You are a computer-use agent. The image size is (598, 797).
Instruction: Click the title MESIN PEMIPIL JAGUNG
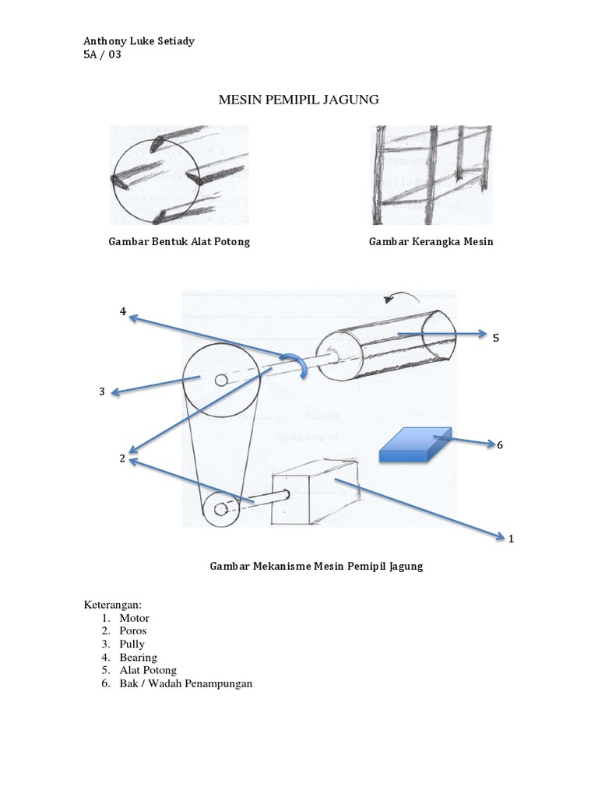point(298,100)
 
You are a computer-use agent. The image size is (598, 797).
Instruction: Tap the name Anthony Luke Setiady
point(139,40)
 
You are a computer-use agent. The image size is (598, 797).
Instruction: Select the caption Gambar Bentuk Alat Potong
point(178,241)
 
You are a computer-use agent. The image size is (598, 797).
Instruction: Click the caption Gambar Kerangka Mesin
point(431,241)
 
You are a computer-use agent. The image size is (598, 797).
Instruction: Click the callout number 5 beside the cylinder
point(494,338)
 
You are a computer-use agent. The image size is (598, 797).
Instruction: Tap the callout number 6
point(500,445)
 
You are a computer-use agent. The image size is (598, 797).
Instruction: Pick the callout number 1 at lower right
point(511,538)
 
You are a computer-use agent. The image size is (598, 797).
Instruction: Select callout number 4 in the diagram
point(122,311)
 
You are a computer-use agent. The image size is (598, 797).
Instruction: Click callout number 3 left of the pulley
point(101,391)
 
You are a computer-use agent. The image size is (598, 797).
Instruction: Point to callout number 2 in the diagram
point(122,458)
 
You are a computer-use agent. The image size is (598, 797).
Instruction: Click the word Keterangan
point(112,604)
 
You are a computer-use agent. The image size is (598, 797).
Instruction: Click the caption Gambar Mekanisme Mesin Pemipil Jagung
point(316,567)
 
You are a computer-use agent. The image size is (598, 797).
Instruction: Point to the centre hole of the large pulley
point(221,380)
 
